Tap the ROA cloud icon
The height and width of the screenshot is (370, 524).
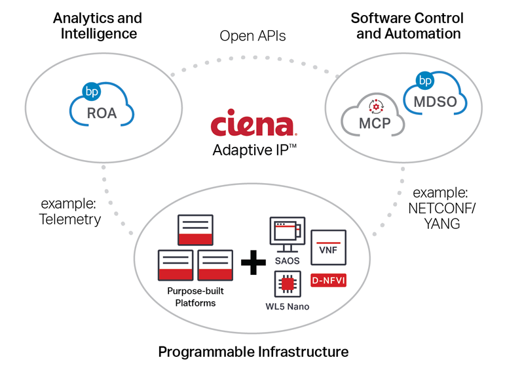102,109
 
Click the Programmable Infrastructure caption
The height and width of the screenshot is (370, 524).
253,352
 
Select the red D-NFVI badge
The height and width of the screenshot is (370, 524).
328,280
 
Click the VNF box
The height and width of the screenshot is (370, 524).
327,248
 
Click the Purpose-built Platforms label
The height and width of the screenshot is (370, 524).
191,297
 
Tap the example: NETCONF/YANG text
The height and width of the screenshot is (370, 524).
440,208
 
